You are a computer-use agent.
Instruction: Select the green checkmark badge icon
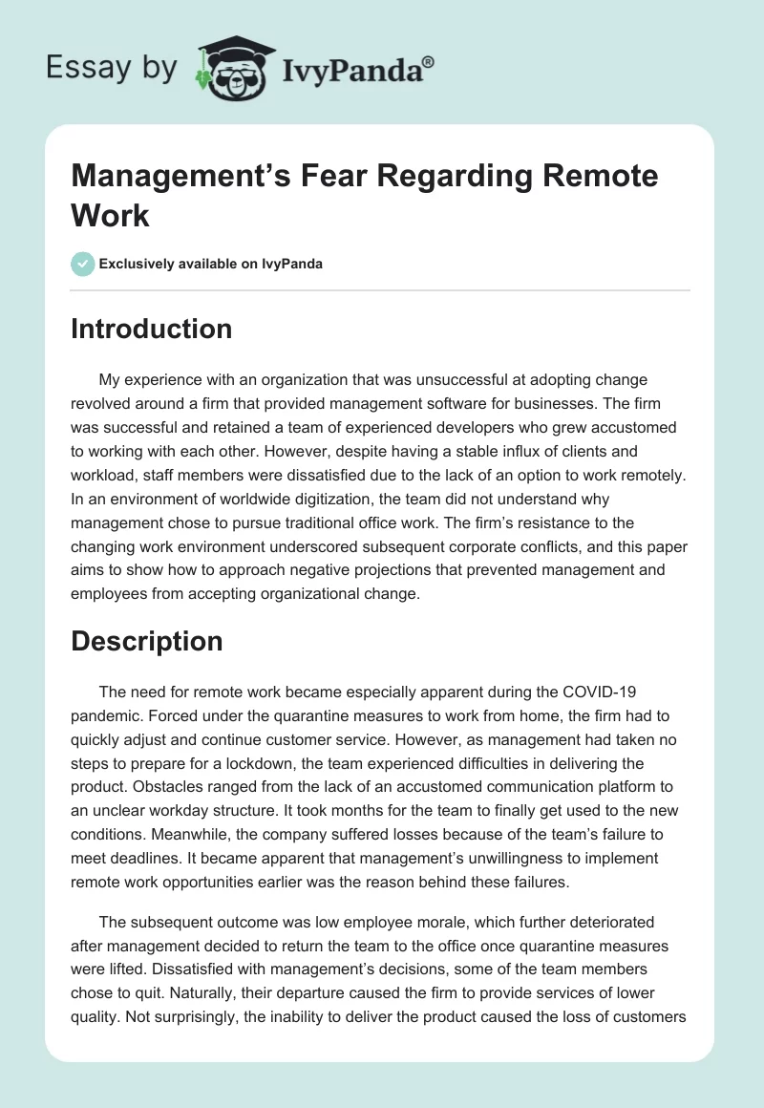(83, 264)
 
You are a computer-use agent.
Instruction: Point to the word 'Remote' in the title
(601, 177)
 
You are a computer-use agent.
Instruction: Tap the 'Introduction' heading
(151, 329)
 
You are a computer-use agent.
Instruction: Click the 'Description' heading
(146, 641)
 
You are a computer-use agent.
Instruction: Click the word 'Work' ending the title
(110, 215)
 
